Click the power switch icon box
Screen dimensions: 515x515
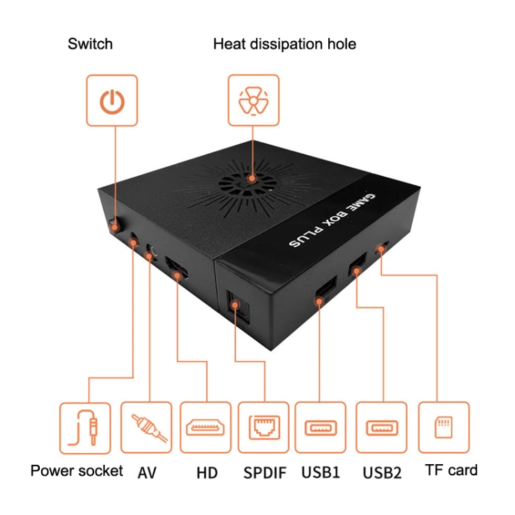pos(111,101)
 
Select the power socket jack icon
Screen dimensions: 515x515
pos(85,428)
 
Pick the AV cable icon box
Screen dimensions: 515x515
pos(146,428)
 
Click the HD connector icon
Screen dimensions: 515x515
pos(205,428)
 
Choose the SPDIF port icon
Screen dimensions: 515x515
pos(262,428)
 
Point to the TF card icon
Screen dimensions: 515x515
pos(444,428)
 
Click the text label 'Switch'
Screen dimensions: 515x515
pos(90,45)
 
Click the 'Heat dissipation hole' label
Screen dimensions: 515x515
pos(284,45)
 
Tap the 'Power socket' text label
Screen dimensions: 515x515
pos(77,471)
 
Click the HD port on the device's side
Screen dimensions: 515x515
pos(177,268)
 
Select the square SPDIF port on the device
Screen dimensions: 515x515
pos(235,304)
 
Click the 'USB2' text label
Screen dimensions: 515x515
pos(382,472)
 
